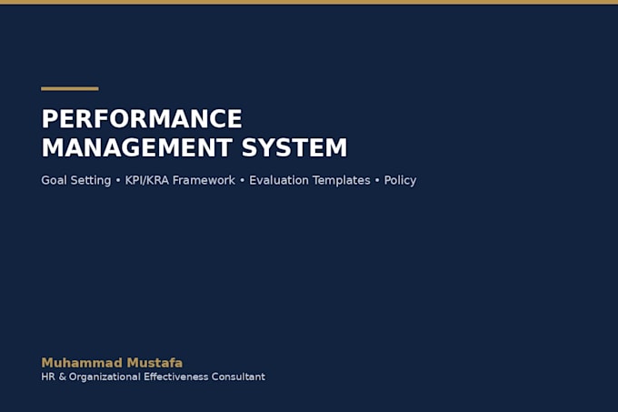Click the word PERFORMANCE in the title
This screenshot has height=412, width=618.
(142, 118)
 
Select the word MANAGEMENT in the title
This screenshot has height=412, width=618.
(136, 147)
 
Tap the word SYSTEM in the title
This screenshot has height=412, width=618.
(294, 147)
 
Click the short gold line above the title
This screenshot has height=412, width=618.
(70, 89)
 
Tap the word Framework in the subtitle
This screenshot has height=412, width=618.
(204, 180)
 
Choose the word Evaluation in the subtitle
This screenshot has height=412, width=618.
(279, 180)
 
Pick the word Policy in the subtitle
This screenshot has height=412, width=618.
(400, 181)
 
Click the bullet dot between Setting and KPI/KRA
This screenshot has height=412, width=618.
(118, 181)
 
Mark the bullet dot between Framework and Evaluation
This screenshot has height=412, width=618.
(242, 181)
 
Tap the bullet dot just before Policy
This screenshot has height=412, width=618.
(377, 181)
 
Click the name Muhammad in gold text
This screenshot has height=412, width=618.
(82, 363)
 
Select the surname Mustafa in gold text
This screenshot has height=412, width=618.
(154, 363)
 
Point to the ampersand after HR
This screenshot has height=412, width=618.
(63, 377)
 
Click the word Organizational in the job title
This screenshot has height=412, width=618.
(105, 377)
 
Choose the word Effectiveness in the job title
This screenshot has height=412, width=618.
(175, 377)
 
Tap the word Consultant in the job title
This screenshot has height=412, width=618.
(238, 377)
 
